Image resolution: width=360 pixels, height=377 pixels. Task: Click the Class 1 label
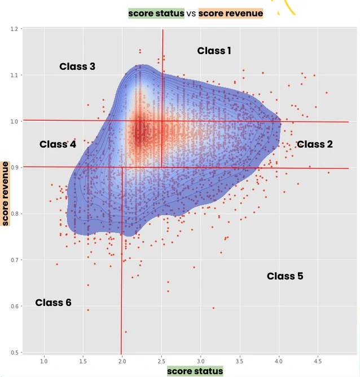click(x=214, y=51)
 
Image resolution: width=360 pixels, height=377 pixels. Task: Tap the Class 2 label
click(x=314, y=144)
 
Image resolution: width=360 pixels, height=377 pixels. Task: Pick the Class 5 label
click(x=285, y=276)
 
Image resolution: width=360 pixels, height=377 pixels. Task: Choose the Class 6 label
click(x=53, y=303)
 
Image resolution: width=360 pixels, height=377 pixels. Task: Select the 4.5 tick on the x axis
click(x=318, y=360)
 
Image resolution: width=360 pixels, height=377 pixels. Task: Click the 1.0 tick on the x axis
click(x=43, y=360)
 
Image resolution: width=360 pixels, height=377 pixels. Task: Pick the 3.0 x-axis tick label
click(x=200, y=360)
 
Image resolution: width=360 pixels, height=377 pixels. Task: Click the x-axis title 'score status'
click(x=195, y=371)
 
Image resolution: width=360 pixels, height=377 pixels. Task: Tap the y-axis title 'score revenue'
click(x=5, y=193)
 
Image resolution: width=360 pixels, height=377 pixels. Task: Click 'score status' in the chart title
click(x=156, y=13)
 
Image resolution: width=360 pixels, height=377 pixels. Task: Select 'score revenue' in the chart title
click(x=231, y=13)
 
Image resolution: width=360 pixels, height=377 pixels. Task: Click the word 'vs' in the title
click(x=191, y=13)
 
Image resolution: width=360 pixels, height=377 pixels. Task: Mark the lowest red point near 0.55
click(x=126, y=332)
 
